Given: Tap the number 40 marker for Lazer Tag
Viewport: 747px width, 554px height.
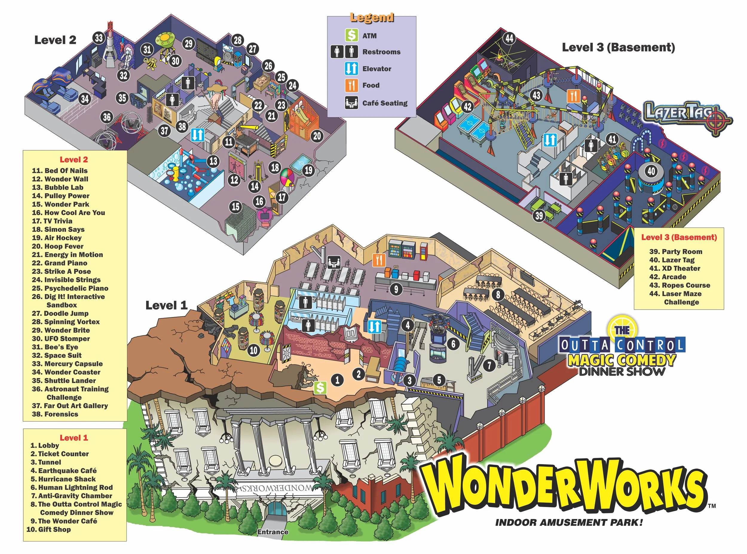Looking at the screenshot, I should pos(651,171).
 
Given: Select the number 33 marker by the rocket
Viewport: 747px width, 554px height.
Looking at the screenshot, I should pos(99,38).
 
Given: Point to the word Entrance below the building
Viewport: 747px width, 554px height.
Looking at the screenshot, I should pos(273,532).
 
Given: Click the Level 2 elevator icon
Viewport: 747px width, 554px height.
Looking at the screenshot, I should pos(198,135).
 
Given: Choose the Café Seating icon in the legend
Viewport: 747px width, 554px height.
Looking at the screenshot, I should pos(351,102).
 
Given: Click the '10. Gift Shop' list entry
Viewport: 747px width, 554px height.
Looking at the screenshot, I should pos(49,529).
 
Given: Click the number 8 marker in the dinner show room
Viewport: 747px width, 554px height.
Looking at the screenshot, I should pos(498,294).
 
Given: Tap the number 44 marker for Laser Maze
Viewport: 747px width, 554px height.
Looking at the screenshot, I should pos(509,38).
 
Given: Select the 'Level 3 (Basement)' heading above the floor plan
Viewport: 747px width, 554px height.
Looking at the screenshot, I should pos(618,47).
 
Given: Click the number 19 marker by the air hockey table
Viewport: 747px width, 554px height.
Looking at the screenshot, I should pos(308,170).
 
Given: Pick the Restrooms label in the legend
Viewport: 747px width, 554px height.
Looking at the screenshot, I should pos(381,52).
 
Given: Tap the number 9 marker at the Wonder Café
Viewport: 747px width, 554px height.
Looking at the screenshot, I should pos(396,289).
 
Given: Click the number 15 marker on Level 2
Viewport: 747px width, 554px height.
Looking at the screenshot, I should pos(236,206).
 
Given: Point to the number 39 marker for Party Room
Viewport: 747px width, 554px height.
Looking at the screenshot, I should pos(539,215).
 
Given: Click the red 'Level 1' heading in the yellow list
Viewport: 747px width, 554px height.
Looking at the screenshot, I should pos(74,438).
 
